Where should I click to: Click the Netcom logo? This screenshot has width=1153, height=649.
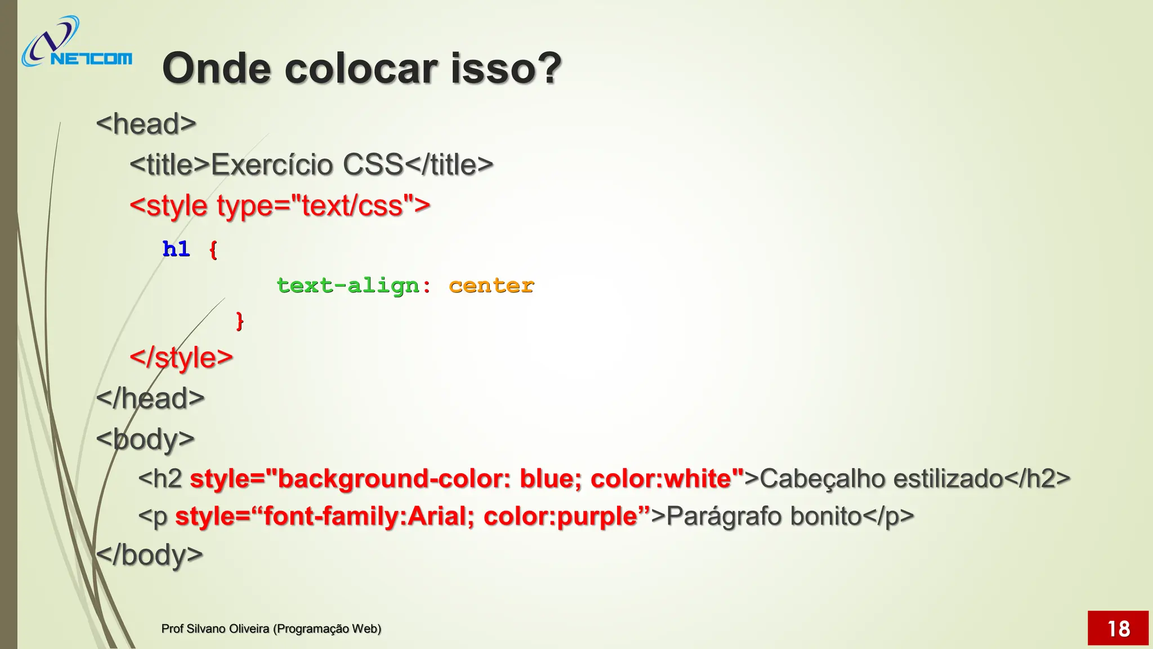(x=77, y=43)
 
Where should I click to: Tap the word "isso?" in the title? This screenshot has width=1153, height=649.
(x=506, y=69)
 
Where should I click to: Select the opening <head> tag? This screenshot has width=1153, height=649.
(x=146, y=124)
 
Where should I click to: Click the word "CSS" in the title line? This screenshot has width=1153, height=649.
(x=373, y=165)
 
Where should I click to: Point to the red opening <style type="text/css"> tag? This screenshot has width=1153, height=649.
(x=280, y=206)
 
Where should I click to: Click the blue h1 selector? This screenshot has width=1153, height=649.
(x=176, y=249)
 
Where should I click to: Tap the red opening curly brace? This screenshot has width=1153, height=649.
(x=213, y=250)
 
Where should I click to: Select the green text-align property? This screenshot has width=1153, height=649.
(x=348, y=286)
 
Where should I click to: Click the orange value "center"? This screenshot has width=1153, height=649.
(x=491, y=286)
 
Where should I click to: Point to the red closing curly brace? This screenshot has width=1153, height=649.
(x=239, y=321)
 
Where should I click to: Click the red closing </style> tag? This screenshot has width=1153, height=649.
(x=181, y=358)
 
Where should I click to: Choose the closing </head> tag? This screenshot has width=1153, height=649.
(x=150, y=398)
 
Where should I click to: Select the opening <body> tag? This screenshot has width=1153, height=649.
(x=145, y=439)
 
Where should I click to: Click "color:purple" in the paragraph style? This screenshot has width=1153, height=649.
(x=560, y=516)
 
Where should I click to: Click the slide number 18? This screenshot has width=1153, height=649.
(x=1118, y=629)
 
